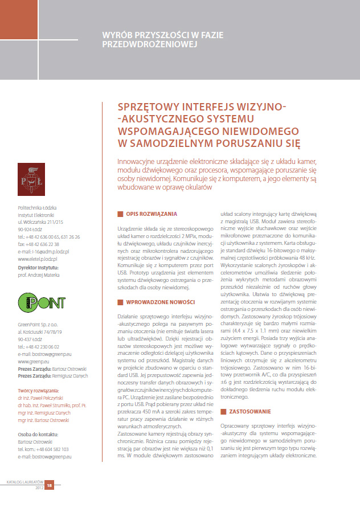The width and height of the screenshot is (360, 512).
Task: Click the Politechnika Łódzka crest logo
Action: click(32, 178)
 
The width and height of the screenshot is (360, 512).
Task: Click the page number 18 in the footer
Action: click(50, 485)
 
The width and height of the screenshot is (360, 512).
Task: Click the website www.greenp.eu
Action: click(34, 360)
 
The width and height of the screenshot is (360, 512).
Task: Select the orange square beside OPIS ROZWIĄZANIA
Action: click(120, 214)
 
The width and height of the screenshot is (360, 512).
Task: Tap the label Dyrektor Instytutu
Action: click(40, 266)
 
